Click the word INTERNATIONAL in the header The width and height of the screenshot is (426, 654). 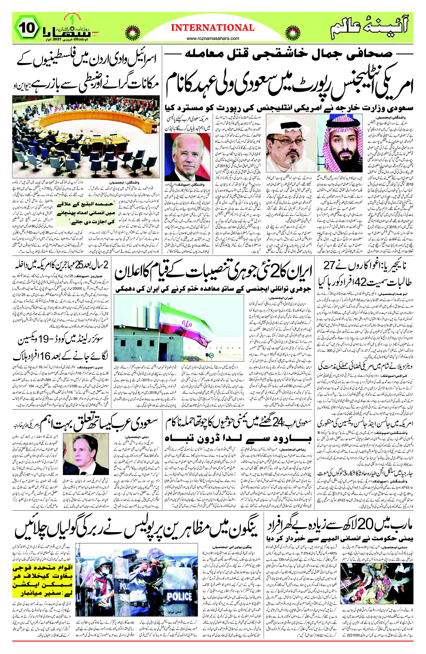pyautogui.click(x=213, y=28)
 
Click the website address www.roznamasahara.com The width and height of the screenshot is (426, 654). pyautogui.click(x=213, y=38)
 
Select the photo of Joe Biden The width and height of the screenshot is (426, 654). pyautogui.click(x=188, y=157)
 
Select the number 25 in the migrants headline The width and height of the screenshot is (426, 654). pyautogui.click(x=78, y=265)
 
